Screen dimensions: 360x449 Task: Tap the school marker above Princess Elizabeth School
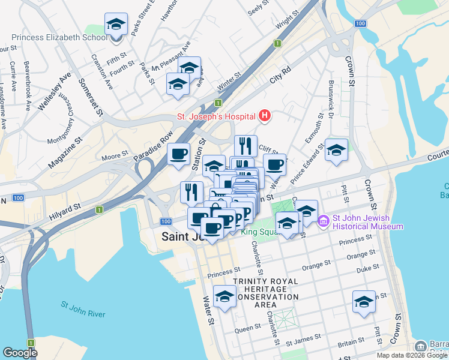(116, 25)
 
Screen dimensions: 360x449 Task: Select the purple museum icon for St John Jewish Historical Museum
(324, 222)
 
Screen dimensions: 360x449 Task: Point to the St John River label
(83, 310)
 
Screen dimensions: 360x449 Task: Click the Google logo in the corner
(20, 352)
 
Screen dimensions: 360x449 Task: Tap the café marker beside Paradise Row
(178, 154)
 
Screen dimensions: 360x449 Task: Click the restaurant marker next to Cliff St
(246, 146)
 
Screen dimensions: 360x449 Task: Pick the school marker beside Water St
(225, 296)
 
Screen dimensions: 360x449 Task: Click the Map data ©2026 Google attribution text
(411, 355)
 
